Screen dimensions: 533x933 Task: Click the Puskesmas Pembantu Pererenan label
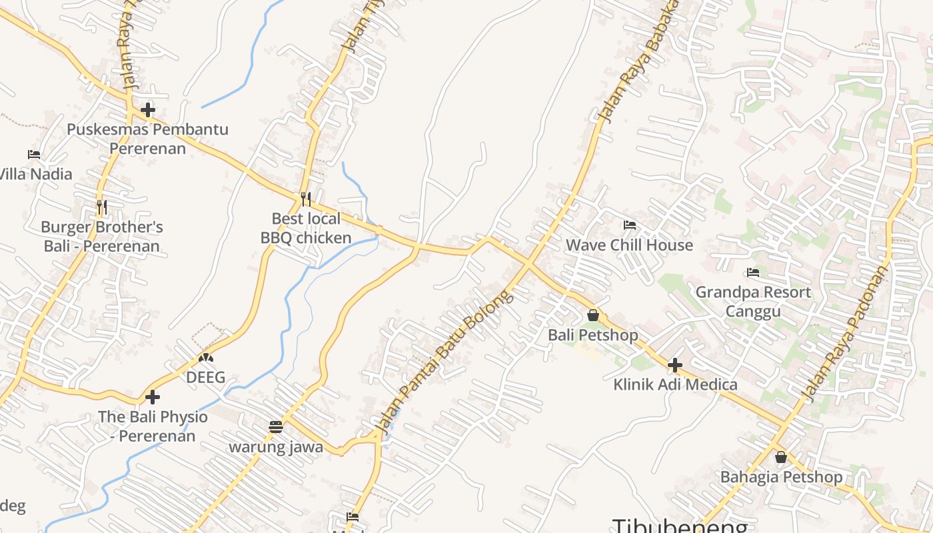tap(147, 139)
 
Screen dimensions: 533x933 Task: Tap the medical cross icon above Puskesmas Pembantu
tap(148, 110)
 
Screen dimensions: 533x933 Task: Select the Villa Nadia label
tap(35, 174)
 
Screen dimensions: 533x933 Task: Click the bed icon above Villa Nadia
tap(34, 155)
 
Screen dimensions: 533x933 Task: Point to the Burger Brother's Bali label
tap(102, 237)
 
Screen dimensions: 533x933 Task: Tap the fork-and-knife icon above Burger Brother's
tap(101, 207)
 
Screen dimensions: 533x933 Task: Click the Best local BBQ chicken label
tap(306, 228)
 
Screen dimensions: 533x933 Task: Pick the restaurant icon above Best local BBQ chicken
tap(306, 199)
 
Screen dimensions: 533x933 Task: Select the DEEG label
tap(205, 378)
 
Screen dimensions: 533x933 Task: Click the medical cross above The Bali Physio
tap(153, 397)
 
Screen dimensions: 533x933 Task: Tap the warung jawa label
tap(276, 447)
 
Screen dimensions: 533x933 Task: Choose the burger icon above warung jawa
tap(276, 426)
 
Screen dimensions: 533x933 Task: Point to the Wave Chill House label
tap(629, 245)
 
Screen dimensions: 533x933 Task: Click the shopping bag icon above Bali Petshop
tap(593, 315)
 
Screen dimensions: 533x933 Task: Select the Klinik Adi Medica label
tap(675, 384)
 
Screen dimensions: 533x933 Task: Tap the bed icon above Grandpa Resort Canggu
tap(753, 272)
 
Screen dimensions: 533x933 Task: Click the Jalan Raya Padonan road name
tap(846, 333)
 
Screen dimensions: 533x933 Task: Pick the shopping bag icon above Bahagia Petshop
tap(781, 458)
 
